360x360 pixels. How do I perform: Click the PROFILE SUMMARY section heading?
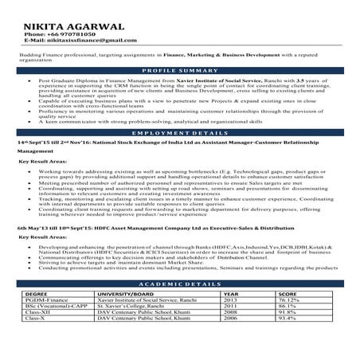click(x=182, y=71)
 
